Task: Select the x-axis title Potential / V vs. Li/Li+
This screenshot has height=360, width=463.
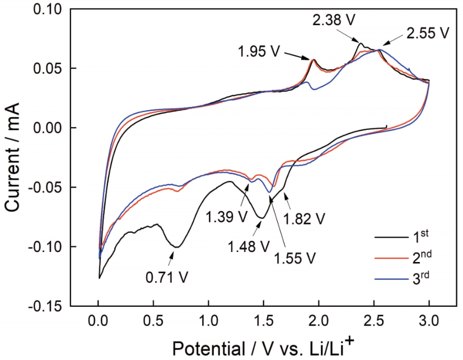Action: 260,347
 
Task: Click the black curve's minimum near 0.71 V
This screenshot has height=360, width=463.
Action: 176,246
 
